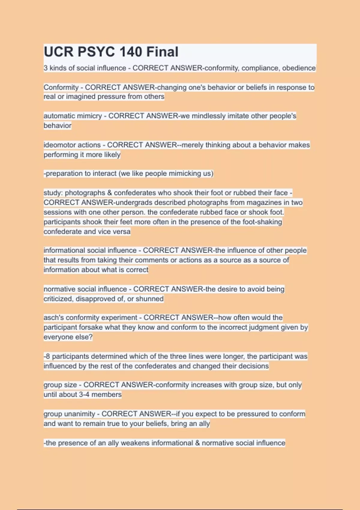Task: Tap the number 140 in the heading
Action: [x=127, y=52]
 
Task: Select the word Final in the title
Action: [x=162, y=52]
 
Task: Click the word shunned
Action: [x=150, y=299]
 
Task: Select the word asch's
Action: [x=54, y=318]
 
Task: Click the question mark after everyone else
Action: [x=91, y=337]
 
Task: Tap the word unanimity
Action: [x=80, y=414]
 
